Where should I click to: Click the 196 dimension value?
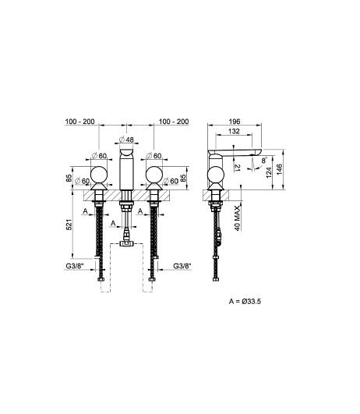coord(235,121)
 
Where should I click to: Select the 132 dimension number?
coord(234,131)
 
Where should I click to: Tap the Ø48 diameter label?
coord(126,139)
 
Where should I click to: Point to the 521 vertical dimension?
coord(69,225)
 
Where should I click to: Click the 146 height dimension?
coord(279,169)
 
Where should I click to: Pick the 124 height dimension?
coord(269,172)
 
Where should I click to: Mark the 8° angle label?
coord(264,161)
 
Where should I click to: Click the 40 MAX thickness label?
coord(238,218)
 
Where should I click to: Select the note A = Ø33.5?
coord(245,301)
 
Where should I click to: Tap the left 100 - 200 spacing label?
coord(79,122)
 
